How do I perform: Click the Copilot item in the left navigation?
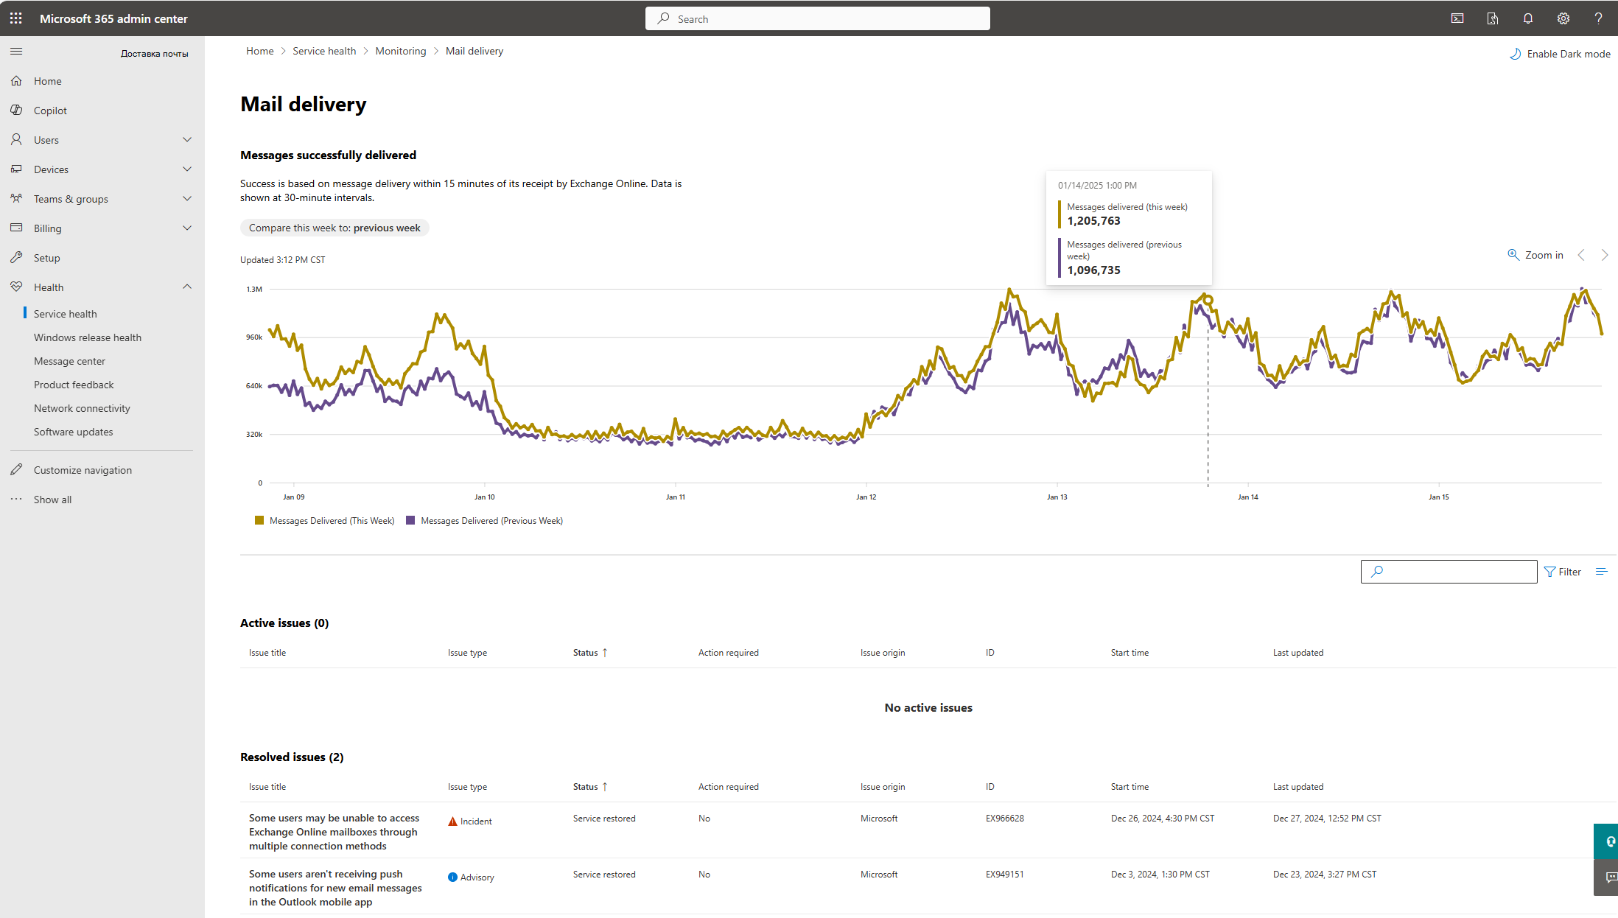(50, 111)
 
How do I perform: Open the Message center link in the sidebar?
(69, 361)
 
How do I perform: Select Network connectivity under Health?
(82, 408)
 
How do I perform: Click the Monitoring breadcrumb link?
(401, 51)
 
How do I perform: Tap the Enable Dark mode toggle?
(1560, 54)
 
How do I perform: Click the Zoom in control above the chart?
(1535, 255)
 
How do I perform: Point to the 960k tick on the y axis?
(254, 337)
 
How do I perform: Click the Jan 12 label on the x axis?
(866, 497)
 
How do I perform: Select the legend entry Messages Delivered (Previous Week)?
(485, 521)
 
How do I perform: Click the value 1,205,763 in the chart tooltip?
(1093, 221)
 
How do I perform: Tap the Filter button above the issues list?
(1563, 572)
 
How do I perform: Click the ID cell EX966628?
(1005, 819)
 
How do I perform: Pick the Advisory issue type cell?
(472, 877)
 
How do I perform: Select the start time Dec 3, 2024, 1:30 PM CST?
(1160, 875)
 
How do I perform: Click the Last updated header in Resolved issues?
(1298, 787)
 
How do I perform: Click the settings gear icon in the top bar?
(1563, 18)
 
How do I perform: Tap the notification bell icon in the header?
(1528, 18)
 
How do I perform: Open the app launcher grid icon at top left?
(16, 18)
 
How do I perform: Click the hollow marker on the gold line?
(1208, 301)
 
